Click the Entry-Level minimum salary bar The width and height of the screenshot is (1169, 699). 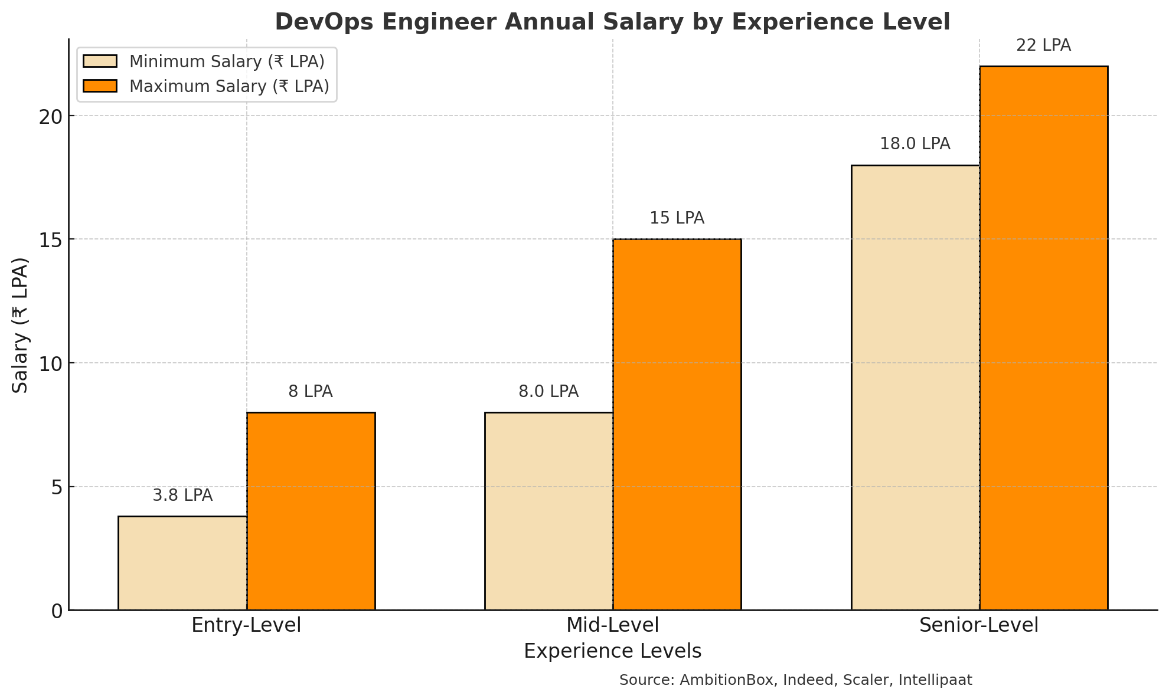182,563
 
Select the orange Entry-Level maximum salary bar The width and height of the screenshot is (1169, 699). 311,511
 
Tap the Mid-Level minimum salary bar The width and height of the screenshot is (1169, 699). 549,511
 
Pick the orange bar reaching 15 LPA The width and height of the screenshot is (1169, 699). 677,425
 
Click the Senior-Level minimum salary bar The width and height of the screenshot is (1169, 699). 915,388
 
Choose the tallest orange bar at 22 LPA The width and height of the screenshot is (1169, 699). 1044,338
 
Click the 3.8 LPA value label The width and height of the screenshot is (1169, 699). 182,495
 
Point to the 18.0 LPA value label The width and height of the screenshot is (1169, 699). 915,144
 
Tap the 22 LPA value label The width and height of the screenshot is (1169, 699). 1043,45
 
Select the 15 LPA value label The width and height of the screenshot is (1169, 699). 677,218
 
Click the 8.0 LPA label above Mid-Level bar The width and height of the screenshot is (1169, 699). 548,392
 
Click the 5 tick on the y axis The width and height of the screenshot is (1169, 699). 57,487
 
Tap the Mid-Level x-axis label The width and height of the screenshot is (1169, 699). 613,625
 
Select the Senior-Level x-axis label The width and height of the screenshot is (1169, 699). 979,625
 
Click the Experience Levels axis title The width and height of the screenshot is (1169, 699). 612,651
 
